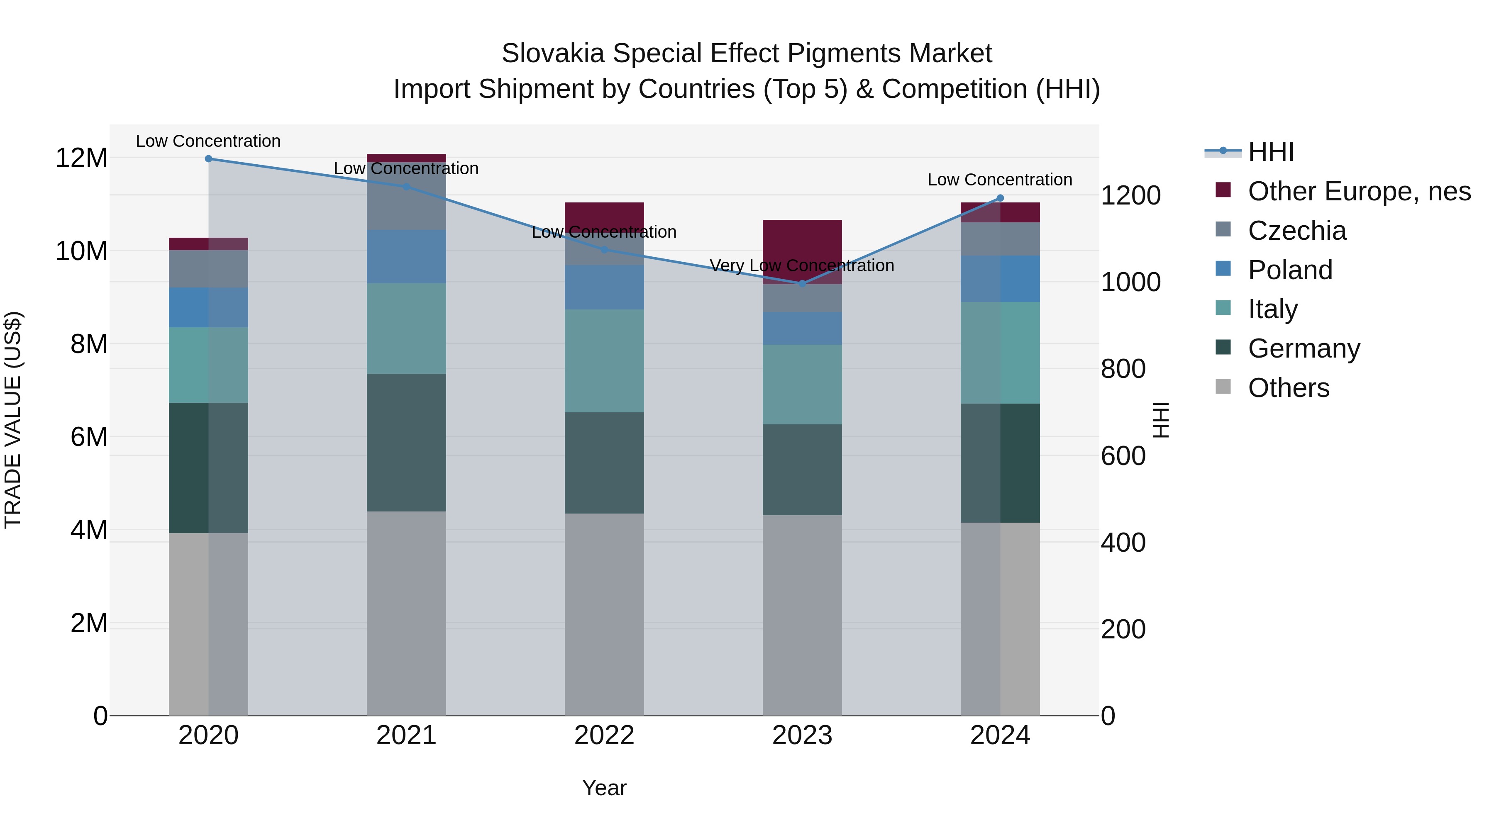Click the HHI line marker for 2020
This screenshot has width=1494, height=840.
pos(208,159)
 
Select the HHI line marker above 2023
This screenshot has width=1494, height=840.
pos(802,283)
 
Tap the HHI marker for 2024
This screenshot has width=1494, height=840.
pos(1000,198)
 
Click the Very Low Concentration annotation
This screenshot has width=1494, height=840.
pos(802,265)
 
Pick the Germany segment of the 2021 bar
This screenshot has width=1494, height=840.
pos(406,442)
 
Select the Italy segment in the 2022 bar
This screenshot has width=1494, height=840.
pos(604,360)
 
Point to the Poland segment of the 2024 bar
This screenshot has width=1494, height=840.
pos(1000,279)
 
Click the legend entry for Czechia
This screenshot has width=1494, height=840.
pos(1297,231)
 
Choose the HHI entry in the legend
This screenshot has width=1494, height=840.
pos(1270,152)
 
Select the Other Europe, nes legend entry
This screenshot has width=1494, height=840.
pos(1359,191)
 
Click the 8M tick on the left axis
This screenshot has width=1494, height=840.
pos(89,344)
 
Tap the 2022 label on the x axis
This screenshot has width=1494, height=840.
pos(604,735)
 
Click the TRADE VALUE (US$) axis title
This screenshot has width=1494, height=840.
pos(13,420)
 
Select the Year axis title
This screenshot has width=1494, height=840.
pos(604,788)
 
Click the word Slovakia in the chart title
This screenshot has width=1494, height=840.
pos(554,54)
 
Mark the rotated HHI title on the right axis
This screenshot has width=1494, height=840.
pos(1160,420)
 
